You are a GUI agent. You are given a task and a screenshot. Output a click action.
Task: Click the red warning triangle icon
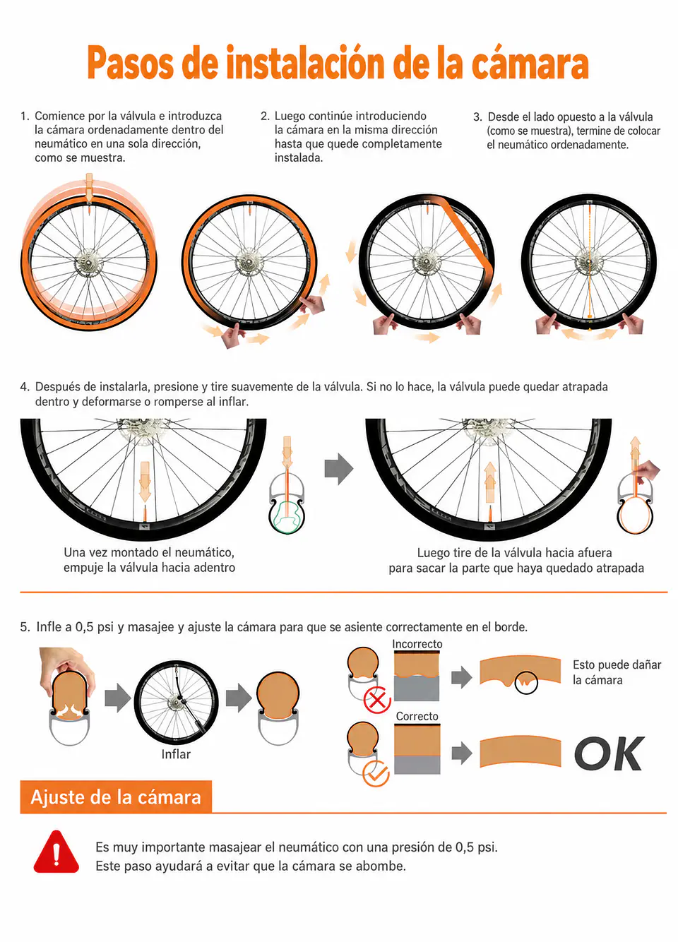click(x=56, y=852)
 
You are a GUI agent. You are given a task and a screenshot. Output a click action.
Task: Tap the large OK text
click(x=609, y=753)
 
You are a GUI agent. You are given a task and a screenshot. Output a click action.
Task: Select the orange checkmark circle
click(x=376, y=773)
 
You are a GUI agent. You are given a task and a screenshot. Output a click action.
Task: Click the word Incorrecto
click(x=417, y=644)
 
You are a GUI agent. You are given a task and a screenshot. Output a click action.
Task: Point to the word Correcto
click(x=417, y=716)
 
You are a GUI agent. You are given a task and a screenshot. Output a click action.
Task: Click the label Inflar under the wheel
click(x=176, y=754)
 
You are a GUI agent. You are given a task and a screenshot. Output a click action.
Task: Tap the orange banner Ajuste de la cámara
click(x=116, y=797)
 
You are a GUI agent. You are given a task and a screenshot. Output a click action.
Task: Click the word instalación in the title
click(x=306, y=63)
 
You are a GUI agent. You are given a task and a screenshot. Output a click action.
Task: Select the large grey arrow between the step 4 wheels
click(x=338, y=469)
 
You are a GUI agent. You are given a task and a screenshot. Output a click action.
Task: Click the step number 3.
click(x=477, y=117)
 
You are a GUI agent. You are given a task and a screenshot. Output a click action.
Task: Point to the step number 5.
click(x=25, y=627)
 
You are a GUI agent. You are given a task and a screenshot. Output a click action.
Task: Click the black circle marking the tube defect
click(x=525, y=683)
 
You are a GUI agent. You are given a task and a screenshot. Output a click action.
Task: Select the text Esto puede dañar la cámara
click(x=617, y=672)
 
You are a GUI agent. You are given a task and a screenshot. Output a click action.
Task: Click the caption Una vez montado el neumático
click(x=149, y=552)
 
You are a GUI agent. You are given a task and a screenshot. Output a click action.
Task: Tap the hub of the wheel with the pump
click(x=176, y=702)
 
